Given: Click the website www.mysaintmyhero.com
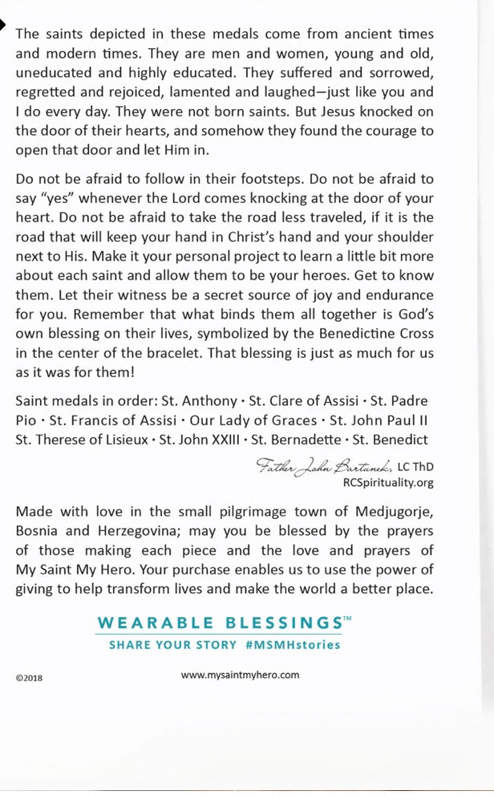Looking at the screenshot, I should [240, 675].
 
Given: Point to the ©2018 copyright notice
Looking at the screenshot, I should [29, 677].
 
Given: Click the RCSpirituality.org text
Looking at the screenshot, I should [387, 482].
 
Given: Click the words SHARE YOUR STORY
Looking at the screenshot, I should [173, 644].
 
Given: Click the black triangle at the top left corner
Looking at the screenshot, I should [3, 26].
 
